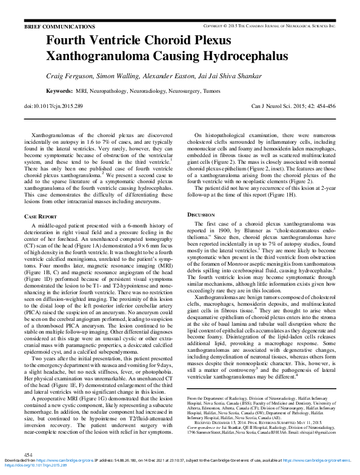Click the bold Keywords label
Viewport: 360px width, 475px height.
click(x=59, y=91)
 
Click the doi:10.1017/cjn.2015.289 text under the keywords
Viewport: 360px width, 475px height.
click(x=53, y=106)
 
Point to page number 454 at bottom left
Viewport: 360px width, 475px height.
click(x=28, y=455)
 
